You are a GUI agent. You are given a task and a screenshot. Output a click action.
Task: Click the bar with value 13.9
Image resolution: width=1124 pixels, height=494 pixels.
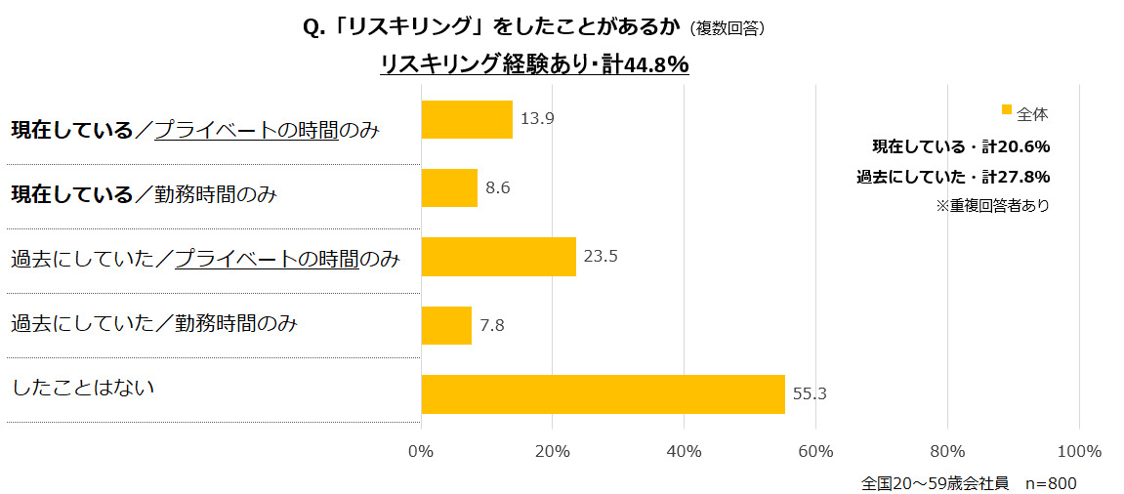467,119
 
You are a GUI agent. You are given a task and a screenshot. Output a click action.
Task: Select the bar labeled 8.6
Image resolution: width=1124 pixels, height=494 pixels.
449,187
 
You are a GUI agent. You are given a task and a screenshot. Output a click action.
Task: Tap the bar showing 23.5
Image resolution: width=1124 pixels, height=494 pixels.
498,257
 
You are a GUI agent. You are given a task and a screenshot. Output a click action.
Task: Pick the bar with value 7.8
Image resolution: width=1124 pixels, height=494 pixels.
446,325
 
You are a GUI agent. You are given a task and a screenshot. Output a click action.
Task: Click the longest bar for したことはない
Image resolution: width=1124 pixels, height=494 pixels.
603,393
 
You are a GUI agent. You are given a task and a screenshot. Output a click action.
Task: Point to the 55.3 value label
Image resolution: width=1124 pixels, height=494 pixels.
811,394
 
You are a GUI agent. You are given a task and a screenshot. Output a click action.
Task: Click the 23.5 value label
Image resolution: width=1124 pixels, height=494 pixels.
602,257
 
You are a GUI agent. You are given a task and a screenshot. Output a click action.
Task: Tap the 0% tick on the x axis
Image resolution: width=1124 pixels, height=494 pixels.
421,451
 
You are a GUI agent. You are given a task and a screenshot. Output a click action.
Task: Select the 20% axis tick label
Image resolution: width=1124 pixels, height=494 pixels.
553,451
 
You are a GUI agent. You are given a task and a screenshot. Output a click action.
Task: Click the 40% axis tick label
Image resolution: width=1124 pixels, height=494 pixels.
684,451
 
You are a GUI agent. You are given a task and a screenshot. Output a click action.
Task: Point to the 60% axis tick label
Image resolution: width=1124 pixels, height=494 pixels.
815,451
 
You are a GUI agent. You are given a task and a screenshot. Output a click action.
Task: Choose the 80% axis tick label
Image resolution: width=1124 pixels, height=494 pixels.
947,451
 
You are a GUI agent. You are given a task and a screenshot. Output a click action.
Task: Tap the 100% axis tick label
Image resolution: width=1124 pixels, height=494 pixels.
1079,451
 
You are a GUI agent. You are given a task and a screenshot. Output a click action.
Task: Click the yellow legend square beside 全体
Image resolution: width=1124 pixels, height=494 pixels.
1007,109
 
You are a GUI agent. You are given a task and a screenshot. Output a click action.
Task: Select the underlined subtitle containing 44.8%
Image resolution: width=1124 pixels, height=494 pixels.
534,65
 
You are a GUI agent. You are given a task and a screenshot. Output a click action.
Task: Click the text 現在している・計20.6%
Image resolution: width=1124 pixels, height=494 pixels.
960,146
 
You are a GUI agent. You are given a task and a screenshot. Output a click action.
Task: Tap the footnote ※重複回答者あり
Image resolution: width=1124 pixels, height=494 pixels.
991,206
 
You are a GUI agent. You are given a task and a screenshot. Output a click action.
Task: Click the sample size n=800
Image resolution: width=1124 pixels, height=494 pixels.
1051,482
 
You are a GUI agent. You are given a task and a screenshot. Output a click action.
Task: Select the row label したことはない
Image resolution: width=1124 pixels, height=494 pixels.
84,388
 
